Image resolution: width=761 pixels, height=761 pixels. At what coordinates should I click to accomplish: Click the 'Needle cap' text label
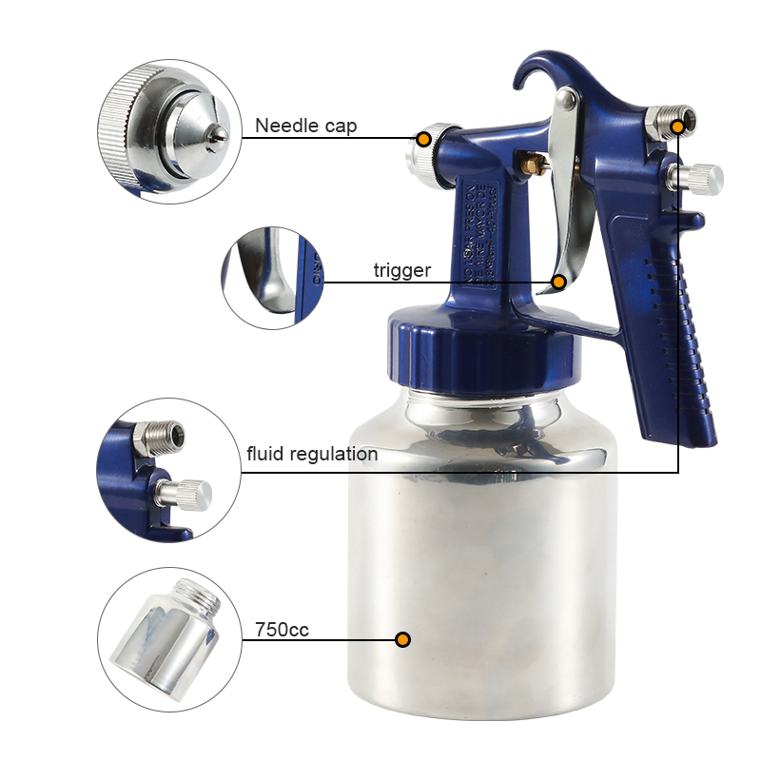(x=305, y=127)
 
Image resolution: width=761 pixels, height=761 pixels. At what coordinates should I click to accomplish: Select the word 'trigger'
(x=401, y=271)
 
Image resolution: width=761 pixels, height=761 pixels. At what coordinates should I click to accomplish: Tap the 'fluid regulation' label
(x=312, y=454)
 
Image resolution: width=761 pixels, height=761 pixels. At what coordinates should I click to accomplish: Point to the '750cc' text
(x=282, y=630)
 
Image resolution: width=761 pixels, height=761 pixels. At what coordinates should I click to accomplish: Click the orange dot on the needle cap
(x=424, y=139)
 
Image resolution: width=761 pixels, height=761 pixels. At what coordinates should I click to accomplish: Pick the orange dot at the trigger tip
(x=559, y=283)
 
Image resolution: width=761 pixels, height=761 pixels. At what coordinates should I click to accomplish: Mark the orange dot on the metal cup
(x=402, y=639)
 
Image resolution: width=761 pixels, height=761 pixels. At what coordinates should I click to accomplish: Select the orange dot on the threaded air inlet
(x=678, y=126)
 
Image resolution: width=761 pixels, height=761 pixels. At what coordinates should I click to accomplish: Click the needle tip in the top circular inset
(x=220, y=134)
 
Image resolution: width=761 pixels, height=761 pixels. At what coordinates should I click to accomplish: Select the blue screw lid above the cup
(x=483, y=346)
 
